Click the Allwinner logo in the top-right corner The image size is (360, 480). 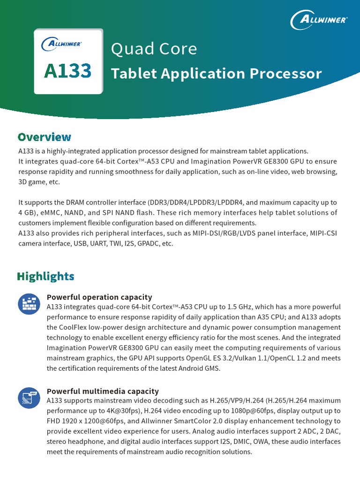(319, 20)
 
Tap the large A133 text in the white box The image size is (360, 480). (68, 71)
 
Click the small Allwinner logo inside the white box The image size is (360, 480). (61, 45)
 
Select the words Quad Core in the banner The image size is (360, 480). (154, 49)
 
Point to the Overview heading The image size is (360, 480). (45, 137)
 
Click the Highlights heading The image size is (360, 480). (45, 276)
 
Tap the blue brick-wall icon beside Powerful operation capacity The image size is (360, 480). (29, 304)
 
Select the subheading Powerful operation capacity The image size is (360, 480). (99, 297)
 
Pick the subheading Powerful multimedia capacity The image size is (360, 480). (103, 391)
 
